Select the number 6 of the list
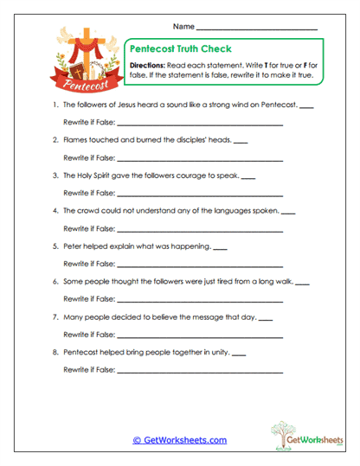pos(55,282)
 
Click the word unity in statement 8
pos(220,352)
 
